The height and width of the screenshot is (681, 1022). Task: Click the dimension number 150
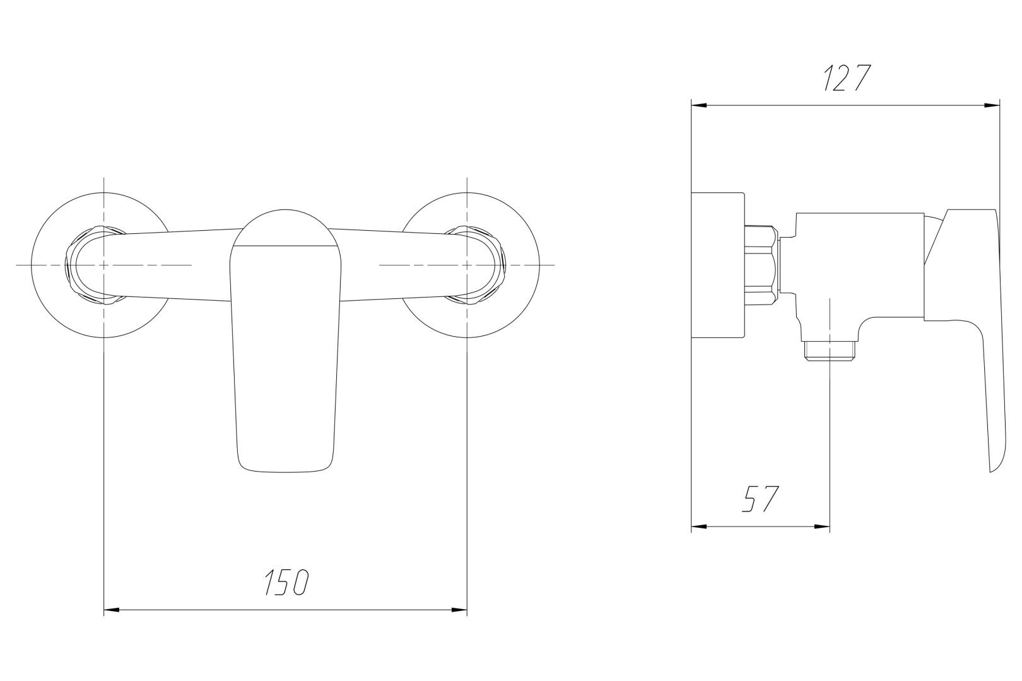point(287,582)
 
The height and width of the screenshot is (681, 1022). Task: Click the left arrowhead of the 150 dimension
point(112,609)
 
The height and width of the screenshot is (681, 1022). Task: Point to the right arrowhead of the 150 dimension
point(459,609)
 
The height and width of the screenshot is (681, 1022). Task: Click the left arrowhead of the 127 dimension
point(699,105)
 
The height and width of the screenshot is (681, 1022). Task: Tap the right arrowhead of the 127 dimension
point(992,105)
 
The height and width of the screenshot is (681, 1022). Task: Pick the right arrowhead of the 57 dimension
point(822,527)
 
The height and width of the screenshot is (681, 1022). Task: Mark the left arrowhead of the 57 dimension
point(699,527)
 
